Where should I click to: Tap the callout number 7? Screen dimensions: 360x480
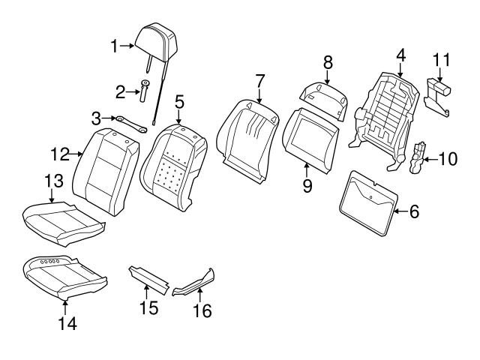pos(260,79)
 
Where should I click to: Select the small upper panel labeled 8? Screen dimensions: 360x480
pos(324,95)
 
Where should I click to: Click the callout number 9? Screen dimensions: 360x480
pos(307,186)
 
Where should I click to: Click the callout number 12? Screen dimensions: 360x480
pos(59,154)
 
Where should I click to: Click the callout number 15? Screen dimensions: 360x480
pos(148,307)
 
